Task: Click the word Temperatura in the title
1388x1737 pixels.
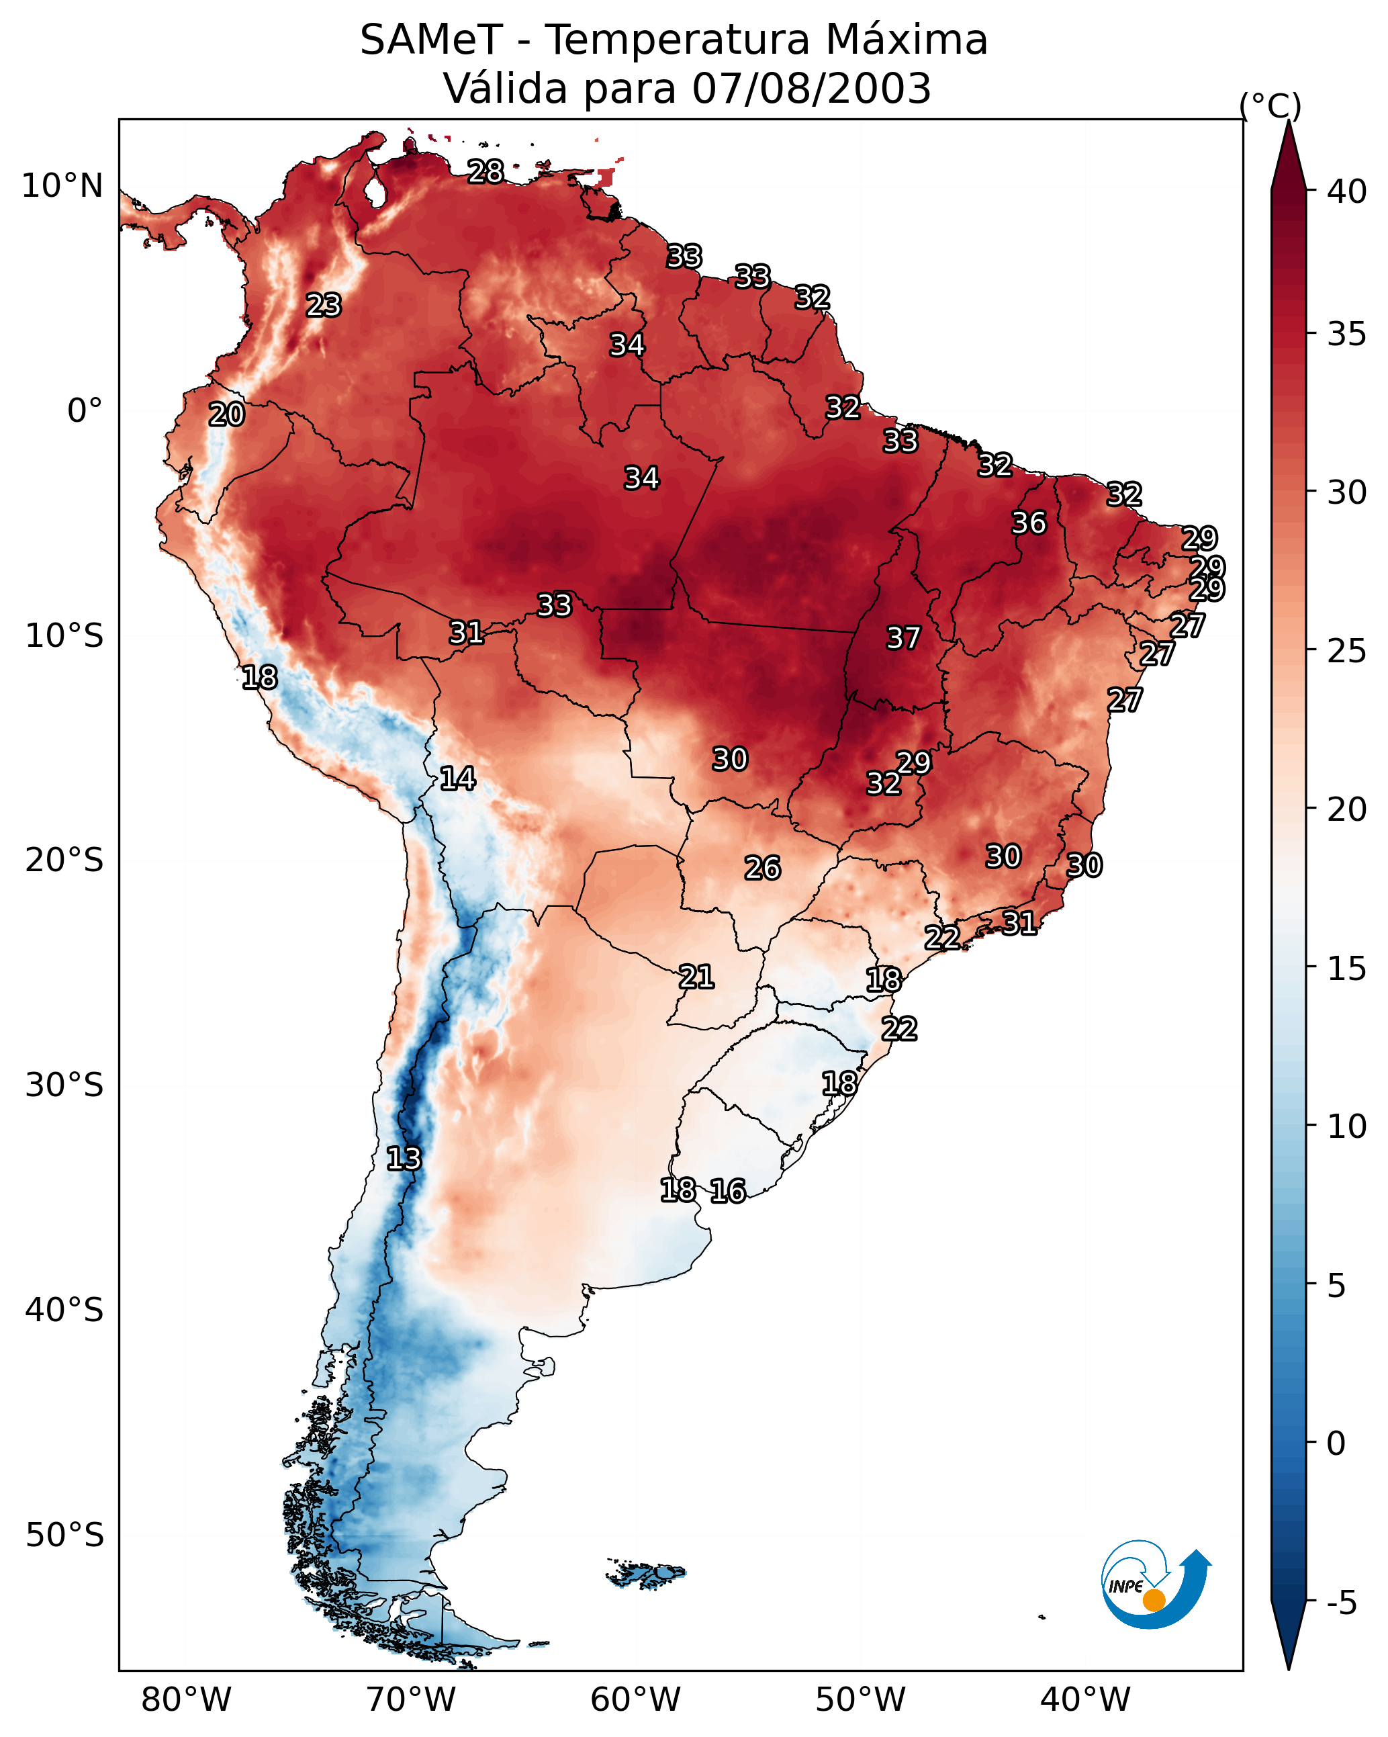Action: [x=677, y=40]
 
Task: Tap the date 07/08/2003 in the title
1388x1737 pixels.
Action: [x=811, y=89]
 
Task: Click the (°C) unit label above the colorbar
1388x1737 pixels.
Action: [x=1270, y=105]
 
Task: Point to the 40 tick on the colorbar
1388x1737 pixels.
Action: [x=1347, y=191]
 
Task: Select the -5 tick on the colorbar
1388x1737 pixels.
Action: [x=1341, y=1603]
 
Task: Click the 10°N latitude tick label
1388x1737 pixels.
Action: [x=62, y=186]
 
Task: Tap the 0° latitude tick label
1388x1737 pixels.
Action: [x=85, y=411]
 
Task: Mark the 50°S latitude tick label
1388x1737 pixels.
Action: [x=64, y=1535]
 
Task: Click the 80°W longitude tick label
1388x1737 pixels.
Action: [x=186, y=1700]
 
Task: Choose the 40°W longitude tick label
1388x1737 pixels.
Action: [x=1085, y=1700]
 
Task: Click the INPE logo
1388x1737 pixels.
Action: [x=1155, y=1588]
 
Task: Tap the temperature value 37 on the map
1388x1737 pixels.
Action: [x=903, y=638]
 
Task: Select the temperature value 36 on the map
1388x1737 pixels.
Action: [x=1029, y=523]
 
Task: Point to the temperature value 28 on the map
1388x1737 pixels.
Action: [x=485, y=171]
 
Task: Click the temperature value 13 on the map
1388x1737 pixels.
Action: [x=404, y=1159]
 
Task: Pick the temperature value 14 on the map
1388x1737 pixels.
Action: [x=457, y=778]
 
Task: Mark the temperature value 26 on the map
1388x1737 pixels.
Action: [x=762, y=868]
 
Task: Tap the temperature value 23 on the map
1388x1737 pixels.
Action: [x=324, y=306]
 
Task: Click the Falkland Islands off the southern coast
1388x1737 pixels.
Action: [x=649, y=1572]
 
